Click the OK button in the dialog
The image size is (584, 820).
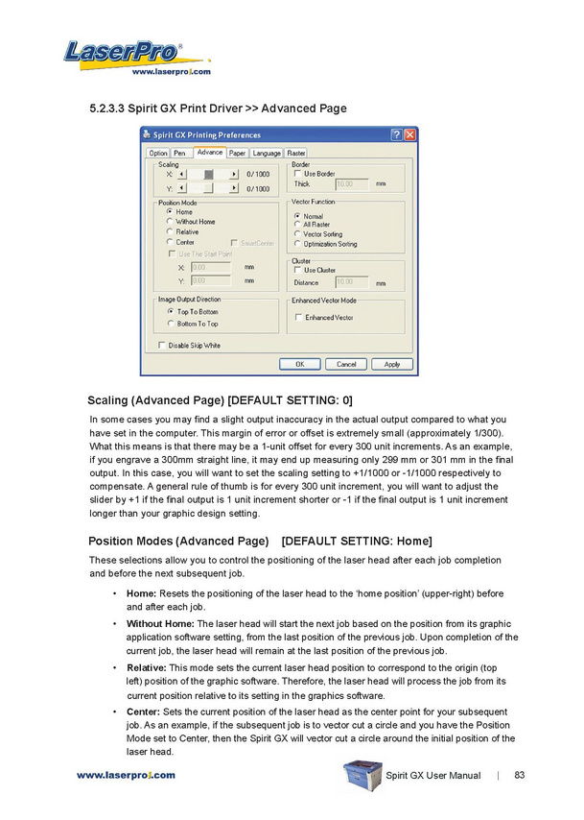point(300,364)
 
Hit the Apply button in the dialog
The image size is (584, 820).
point(392,364)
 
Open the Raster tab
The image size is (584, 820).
point(296,153)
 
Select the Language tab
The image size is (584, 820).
point(267,153)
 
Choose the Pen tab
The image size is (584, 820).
point(179,153)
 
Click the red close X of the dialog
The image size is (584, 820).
point(410,135)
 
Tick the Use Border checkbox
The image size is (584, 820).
point(297,174)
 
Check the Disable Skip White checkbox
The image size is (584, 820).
point(161,346)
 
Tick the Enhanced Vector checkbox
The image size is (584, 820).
point(298,318)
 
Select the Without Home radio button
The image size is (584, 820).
point(170,222)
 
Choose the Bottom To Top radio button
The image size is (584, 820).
point(170,324)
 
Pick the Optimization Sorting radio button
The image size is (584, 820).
point(297,244)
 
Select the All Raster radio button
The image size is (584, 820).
point(297,225)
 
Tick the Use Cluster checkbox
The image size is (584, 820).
point(297,271)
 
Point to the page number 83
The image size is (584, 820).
point(520,775)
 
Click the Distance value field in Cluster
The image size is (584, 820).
point(351,282)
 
